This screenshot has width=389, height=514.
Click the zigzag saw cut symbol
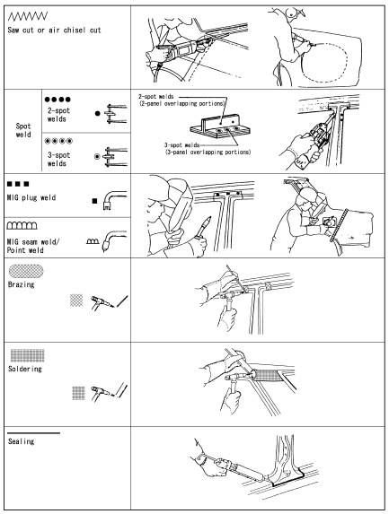pyautogui.click(x=28, y=16)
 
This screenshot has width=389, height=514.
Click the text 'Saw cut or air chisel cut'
pyautogui.click(x=54, y=30)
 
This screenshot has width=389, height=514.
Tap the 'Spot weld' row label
pyautogui.click(x=23, y=130)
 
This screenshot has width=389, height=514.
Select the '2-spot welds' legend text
pyautogui.click(x=58, y=115)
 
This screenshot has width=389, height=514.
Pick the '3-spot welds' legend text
pyautogui.click(x=58, y=159)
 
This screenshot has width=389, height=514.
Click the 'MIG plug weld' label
pyautogui.click(x=31, y=197)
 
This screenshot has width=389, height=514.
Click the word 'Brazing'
pyautogui.click(x=21, y=284)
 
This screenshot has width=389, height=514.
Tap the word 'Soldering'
pyautogui.click(x=25, y=369)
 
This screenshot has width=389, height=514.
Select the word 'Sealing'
pyautogui.click(x=21, y=441)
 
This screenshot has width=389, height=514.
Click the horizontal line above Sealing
pyautogui.click(x=34, y=433)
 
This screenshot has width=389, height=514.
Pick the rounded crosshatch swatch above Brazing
pyautogui.click(x=26, y=271)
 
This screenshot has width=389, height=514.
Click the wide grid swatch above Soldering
pyautogui.click(x=28, y=355)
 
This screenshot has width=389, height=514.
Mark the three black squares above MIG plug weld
pyautogui.click(x=18, y=184)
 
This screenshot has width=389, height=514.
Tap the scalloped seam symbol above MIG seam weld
pyautogui.click(x=22, y=225)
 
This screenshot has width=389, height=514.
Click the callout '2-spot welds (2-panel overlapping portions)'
pyautogui.click(x=181, y=100)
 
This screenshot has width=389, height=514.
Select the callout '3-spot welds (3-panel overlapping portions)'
pyautogui.click(x=208, y=149)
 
